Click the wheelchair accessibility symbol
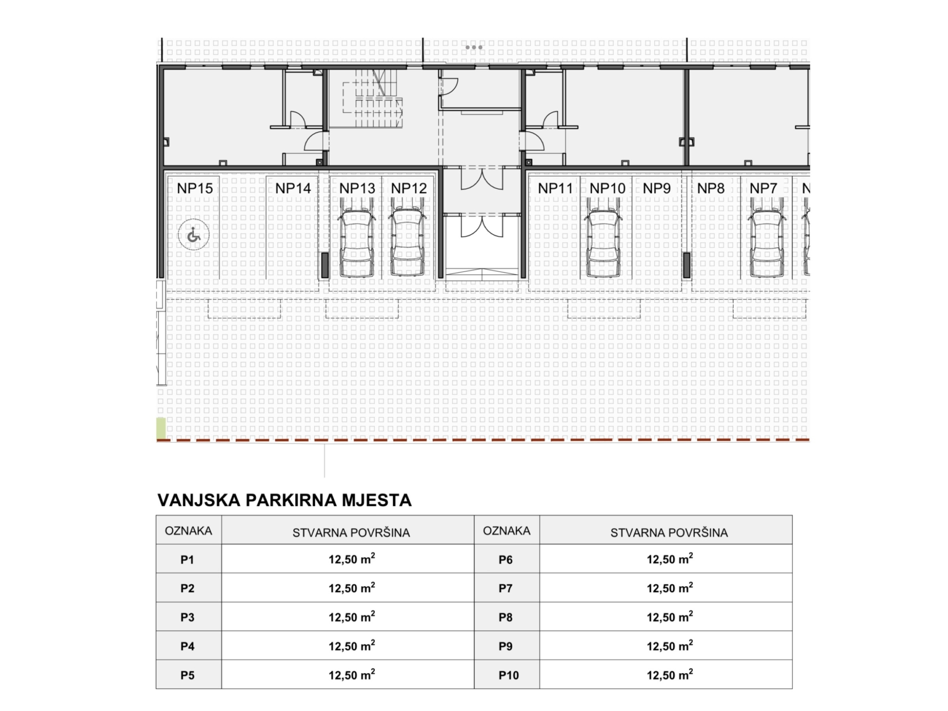tap(193, 235)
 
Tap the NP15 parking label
tap(195, 188)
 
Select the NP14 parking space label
tap(293, 188)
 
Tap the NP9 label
tap(657, 188)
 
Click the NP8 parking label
tap(711, 188)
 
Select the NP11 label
tap(555, 188)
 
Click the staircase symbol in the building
tap(373, 98)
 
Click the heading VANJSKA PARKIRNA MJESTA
tap(284, 500)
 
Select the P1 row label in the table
tap(187, 560)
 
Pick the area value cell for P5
tap(352, 674)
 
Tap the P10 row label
tap(509, 675)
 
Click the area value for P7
tap(670, 587)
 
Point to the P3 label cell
tap(187, 617)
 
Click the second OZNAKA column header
tap(506, 530)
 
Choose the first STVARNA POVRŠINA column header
tap(351, 532)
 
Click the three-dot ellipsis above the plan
tap(474, 47)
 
